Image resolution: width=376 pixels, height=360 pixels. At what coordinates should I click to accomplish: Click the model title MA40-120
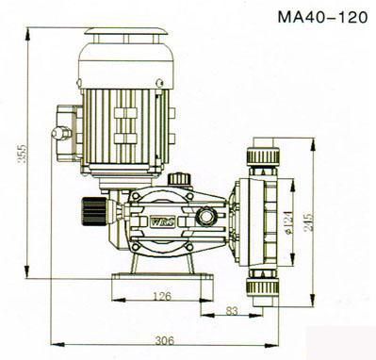[322, 17]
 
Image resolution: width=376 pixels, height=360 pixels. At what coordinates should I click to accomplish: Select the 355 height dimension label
[23, 154]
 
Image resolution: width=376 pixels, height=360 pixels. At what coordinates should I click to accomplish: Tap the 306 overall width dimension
[165, 340]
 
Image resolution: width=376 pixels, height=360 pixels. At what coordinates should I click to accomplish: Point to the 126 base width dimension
[162, 296]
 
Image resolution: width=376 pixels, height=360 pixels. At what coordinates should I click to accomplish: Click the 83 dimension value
[232, 311]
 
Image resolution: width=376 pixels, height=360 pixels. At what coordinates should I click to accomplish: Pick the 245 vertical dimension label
[309, 222]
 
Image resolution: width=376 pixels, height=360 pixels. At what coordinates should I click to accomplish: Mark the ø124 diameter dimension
[289, 222]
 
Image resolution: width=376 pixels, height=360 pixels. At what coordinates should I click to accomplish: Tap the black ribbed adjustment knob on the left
[94, 211]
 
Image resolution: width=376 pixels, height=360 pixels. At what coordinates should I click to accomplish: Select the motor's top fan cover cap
[127, 31]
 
